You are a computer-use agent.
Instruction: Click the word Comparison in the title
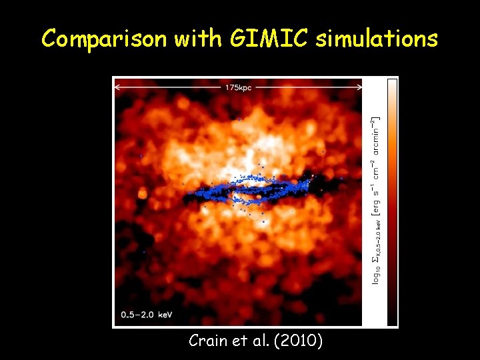click(x=104, y=39)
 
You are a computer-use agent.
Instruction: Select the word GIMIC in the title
click(x=270, y=39)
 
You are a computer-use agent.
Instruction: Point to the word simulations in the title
click(x=377, y=39)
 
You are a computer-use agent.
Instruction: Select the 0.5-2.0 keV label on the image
click(x=147, y=313)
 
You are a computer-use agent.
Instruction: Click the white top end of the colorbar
click(x=392, y=83)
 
